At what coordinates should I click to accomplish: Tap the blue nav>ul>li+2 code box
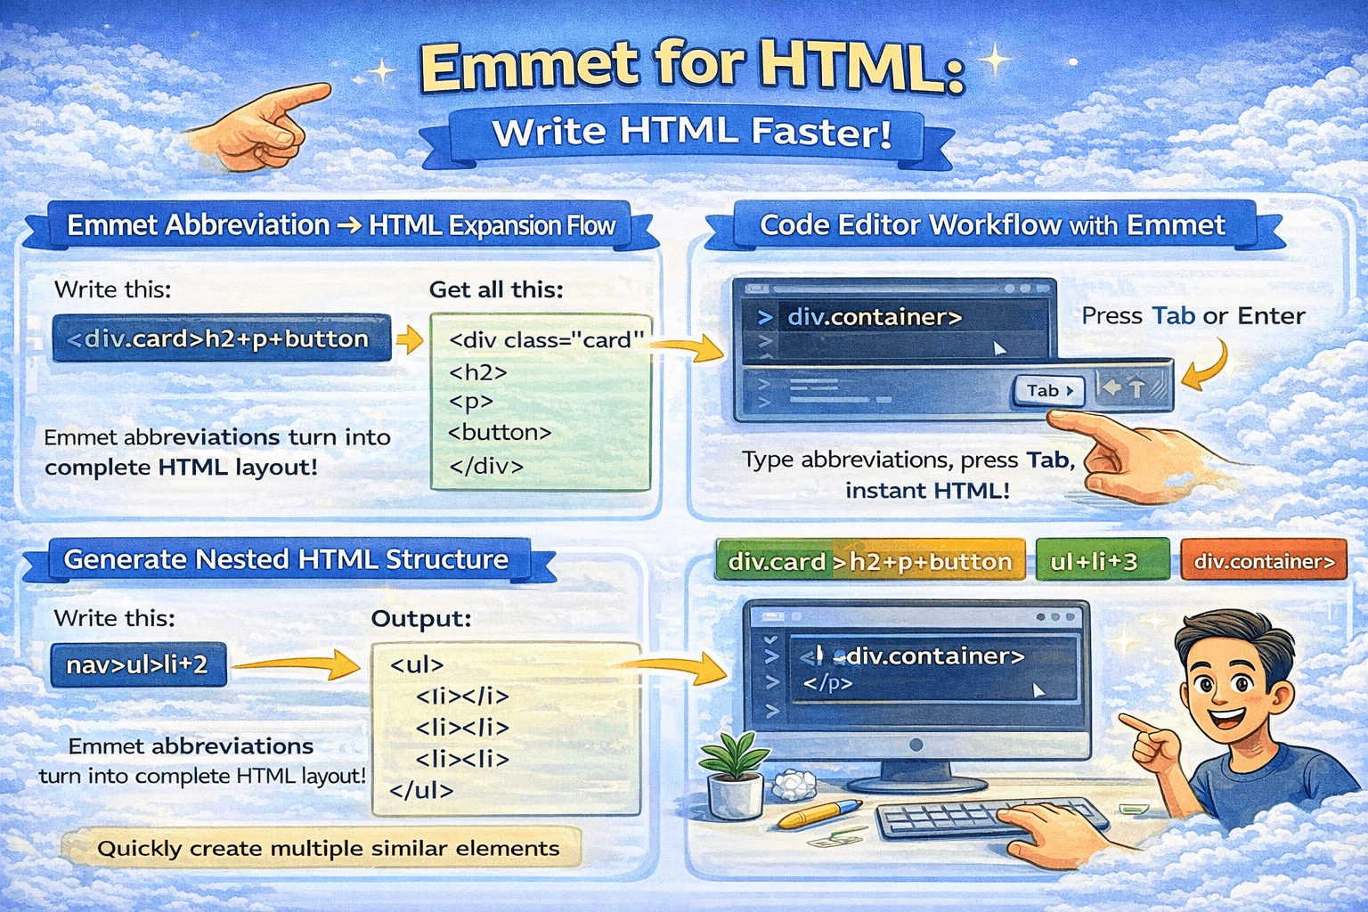coord(138,664)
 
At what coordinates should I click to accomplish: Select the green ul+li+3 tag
coord(1102,561)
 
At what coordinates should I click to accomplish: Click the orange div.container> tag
coord(1263,561)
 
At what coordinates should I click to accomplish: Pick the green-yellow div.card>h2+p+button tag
coord(870,561)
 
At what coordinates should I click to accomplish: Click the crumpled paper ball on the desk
coord(794,785)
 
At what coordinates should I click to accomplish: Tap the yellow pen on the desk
coord(818,813)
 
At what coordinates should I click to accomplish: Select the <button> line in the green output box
coord(500,433)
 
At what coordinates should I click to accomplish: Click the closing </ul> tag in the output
coord(421,790)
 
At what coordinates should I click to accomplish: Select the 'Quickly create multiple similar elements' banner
coord(327,848)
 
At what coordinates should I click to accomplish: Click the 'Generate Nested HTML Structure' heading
coord(286,559)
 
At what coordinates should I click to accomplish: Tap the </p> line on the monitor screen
coord(827,683)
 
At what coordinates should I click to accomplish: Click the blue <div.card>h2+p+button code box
coord(221,338)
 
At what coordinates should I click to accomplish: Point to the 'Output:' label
coord(420,618)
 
